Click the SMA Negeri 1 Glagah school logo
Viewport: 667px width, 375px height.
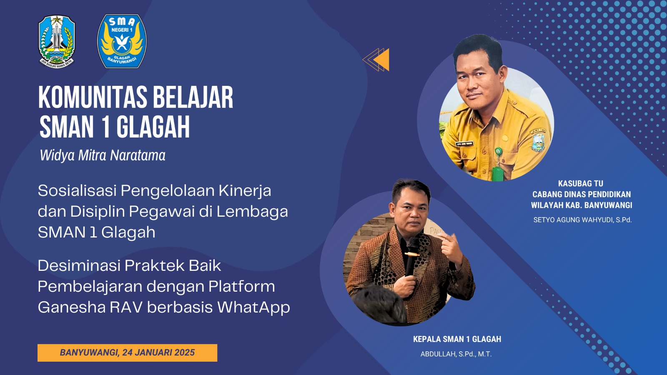122,41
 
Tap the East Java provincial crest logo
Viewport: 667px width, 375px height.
57,42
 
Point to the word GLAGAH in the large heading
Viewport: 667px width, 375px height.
153,127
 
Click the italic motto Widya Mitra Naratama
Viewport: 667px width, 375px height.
103,155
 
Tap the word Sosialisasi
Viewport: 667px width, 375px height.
77,190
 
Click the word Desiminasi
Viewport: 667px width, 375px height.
78,265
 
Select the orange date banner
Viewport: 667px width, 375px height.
127,352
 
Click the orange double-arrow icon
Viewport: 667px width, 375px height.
376,60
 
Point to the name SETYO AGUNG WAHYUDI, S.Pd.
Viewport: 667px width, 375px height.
582,220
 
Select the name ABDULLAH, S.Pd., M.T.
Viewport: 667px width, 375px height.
456,354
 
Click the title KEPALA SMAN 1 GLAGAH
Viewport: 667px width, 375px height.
457,339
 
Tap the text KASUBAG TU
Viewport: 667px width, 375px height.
581,183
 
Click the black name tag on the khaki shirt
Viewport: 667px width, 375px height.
464,144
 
